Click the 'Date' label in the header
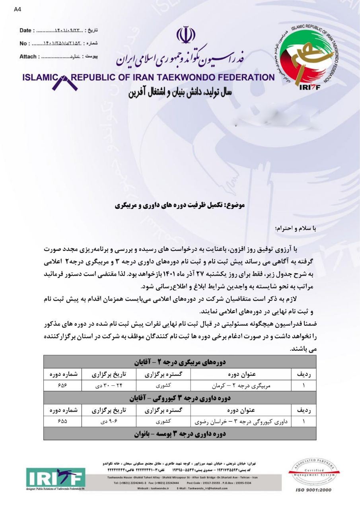pyautogui.click(x=25, y=30)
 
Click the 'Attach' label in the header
pyautogui.click(x=28, y=57)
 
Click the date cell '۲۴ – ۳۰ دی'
pyautogui.click(x=109, y=386)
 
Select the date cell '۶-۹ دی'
pyautogui.click(x=109, y=421)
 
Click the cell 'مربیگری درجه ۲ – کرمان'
pyautogui.click(x=241, y=386)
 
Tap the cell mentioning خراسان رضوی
pyautogui.click(x=241, y=421)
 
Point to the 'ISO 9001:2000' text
pyautogui.click(x=313, y=490)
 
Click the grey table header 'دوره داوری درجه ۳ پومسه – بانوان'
pyautogui.click(x=180, y=433)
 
